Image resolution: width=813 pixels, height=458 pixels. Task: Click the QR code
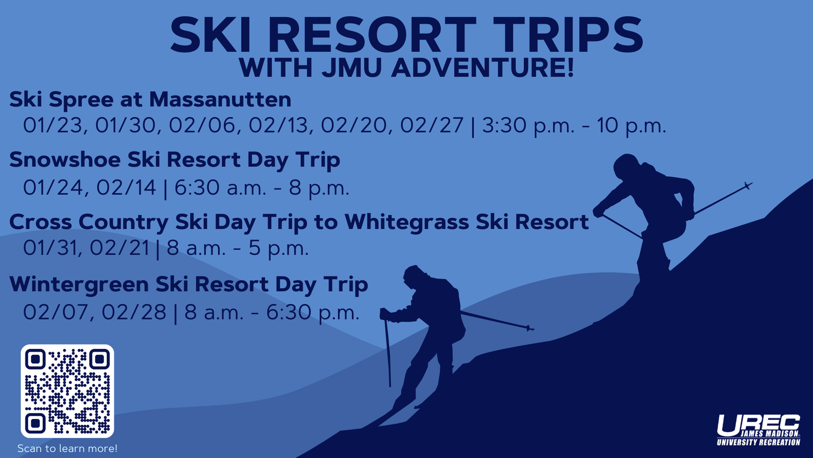pyautogui.click(x=67, y=391)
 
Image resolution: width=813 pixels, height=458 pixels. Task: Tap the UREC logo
pyautogui.click(x=759, y=430)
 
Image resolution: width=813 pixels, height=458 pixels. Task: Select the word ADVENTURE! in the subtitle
pyautogui.click(x=482, y=68)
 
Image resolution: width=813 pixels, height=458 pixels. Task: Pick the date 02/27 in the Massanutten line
pyautogui.click(x=432, y=125)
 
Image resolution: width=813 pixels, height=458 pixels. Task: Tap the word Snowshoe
pyautogui.click(x=65, y=159)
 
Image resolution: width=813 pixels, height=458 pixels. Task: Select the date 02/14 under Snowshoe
pyautogui.click(x=126, y=188)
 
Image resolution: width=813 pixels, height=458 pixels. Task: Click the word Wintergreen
pyautogui.click(x=79, y=284)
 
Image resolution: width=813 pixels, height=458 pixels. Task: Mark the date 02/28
pyautogui.click(x=134, y=312)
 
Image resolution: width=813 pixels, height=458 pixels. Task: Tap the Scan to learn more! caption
pyautogui.click(x=68, y=448)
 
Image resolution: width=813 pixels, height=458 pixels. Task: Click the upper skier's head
pyautogui.click(x=626, y=166)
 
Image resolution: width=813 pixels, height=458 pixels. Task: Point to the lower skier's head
pyautogui.click(x=414, y=276)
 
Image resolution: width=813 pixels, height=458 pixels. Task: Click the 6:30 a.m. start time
pyautogui.click(x=220, y=188)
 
